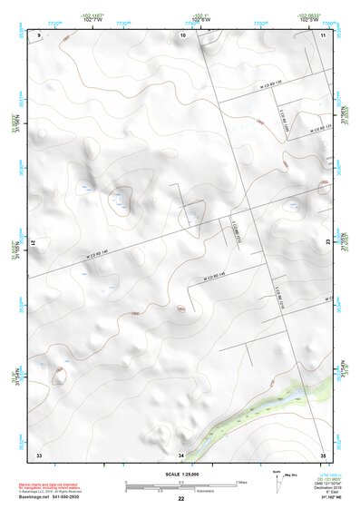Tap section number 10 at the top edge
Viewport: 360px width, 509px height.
[x=183, y=34]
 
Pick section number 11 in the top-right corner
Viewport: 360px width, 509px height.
[x=323, y=34]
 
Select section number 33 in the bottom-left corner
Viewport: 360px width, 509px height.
[x=39, y=454]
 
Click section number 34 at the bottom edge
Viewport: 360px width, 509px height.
[x=181, y=454]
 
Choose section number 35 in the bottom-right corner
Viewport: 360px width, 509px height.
[x=323, y=454]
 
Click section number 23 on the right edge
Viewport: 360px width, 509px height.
[x=326, y=241]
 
